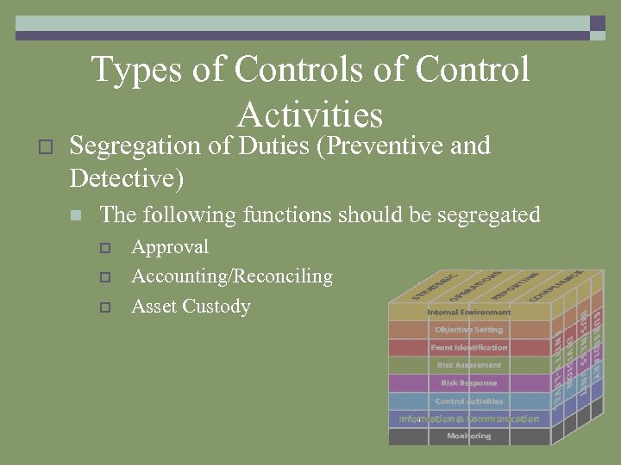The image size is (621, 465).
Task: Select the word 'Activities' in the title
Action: click(x=310, y=115)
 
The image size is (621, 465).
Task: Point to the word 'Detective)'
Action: click(x=127, y=179)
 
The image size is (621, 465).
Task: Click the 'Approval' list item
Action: click(x=170, y=247)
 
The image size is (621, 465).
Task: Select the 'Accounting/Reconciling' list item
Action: click(x=231, y=276)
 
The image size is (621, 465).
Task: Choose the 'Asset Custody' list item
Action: click(x=191, y=307)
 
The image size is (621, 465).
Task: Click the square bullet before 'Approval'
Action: click(x=104, y=248)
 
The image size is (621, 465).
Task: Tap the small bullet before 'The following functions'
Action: click(x=76, y=215)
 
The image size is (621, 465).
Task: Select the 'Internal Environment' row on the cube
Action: click(x=469, y=312)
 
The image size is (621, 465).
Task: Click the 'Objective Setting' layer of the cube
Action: click(x=469, y=330)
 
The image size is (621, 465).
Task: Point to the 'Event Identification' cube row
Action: click(x=469, y=348)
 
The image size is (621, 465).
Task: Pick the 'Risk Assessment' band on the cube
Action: click(x=469, y=365)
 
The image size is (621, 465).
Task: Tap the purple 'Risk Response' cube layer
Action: click(x=469, y=383)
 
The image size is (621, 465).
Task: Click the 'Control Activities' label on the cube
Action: click(x=469, y=401)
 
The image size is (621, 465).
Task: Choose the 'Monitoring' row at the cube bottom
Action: click(x=469, y=437)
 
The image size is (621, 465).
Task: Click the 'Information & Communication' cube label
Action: click(x=469, y=419)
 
